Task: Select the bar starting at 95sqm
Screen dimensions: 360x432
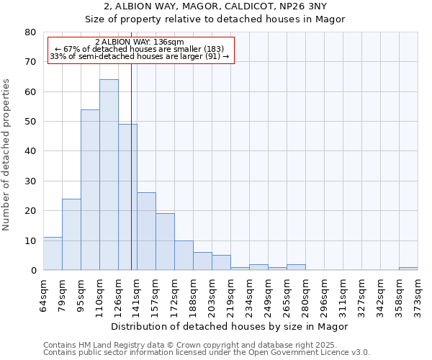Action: [90, 190]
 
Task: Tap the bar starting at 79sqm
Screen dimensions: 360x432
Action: [71, 235]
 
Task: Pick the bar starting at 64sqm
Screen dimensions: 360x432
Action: [53, 253]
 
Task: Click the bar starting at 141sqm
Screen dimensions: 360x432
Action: [146, 231]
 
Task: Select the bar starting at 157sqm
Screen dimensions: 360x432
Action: [165, 242]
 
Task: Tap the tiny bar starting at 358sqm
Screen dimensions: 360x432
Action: [408, 269]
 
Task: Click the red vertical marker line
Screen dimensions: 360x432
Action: [131, 166]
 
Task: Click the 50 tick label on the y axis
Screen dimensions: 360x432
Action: [31, 122]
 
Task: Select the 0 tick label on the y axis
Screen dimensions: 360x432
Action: [33, 271]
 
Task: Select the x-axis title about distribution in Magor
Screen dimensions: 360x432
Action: [230, 326]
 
